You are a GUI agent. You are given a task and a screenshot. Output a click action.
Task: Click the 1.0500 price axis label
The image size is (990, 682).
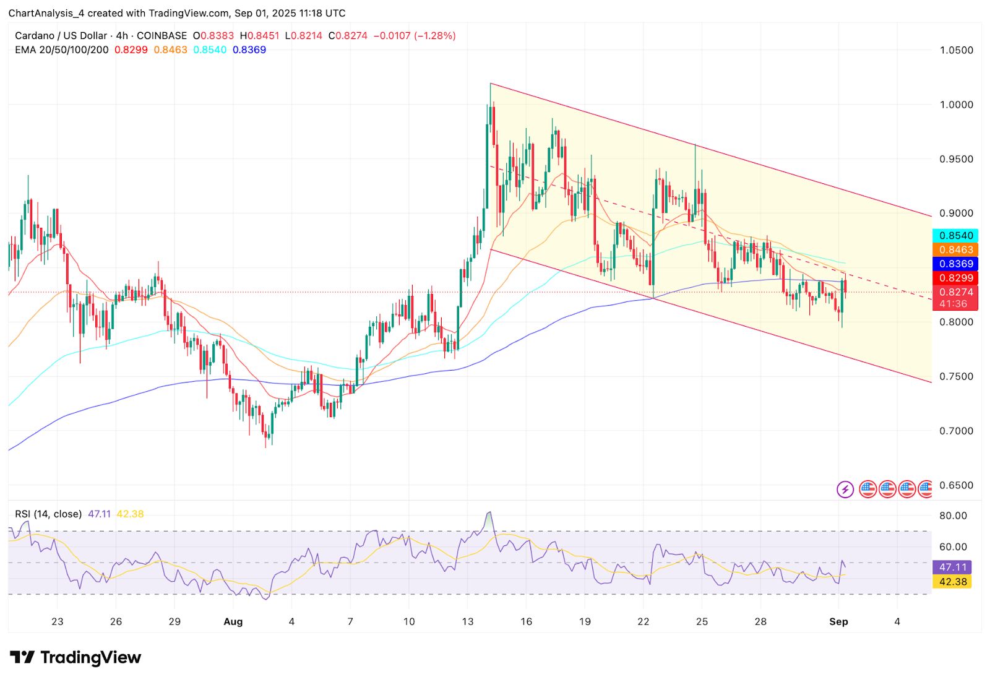(x=956, y=50)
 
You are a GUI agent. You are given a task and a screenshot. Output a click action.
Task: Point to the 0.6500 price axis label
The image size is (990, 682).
(x=956, y=485)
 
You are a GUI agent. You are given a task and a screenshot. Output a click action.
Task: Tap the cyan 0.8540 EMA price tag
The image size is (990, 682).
(x=956, y=236)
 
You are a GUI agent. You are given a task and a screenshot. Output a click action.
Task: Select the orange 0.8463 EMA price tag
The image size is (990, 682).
(x=956, y=250)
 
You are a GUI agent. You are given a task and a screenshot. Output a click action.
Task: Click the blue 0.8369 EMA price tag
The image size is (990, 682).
(x=956, y=264)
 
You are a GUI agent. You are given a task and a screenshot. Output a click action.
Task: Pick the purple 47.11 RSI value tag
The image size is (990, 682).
(x=952, y=568)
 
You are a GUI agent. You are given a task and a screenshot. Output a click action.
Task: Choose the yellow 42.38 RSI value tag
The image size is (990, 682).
(x=952, y=582)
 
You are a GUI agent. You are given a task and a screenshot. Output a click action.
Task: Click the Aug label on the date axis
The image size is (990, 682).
(x=233, y=622)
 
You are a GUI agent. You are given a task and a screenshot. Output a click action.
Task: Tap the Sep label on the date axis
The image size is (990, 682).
(x=838, y=622)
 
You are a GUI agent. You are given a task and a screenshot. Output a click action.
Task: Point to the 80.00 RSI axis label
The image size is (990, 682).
(x=953, y=516)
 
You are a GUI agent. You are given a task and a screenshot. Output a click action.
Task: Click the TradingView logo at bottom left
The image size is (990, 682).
(x=75, y=657)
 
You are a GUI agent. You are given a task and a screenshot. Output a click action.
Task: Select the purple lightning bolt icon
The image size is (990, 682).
(x=845, y=490)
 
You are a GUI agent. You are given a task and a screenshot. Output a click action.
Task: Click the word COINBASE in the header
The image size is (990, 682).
(x=161, y=36)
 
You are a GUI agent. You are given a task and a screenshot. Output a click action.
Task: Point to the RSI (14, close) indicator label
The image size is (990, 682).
(x=48, y=514)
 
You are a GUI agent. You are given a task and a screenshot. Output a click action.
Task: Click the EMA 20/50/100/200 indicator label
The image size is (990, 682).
(x=62, y=50)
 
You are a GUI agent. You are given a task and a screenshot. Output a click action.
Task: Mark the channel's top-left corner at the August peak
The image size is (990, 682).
(x=491, y=84)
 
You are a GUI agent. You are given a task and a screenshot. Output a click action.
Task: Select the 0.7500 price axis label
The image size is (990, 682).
(x=956, y=376)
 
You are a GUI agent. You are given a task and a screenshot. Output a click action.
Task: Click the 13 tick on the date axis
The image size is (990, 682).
(x=468, y=622)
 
